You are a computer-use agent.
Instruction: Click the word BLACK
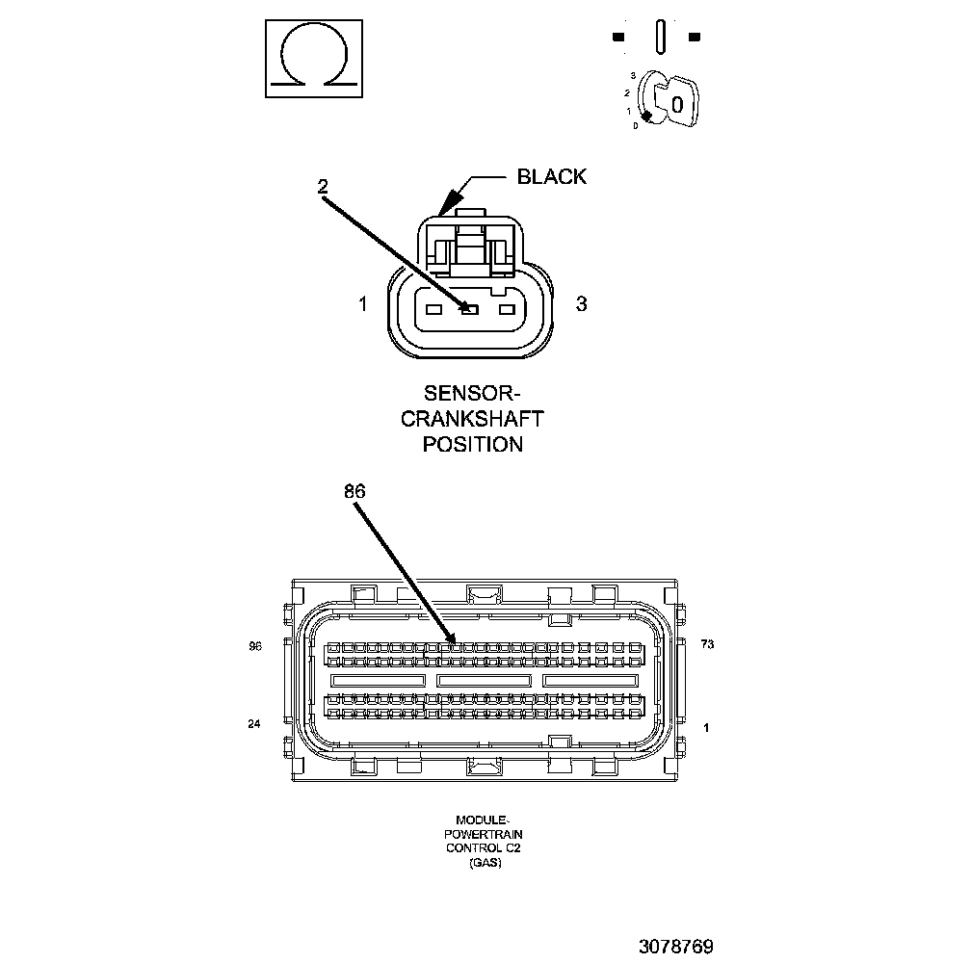[x=551, y=176]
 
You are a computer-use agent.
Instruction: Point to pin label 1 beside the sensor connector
[x=362, y=304]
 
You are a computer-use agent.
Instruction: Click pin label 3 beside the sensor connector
[x=581, y=304]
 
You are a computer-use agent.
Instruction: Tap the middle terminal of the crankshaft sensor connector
[x=469, y=309]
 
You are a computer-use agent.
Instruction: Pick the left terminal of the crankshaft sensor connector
[x=433, y=309]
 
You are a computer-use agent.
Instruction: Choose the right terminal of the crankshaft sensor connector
[x=506, y=309]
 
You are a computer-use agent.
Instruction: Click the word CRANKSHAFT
[x=472, y=419]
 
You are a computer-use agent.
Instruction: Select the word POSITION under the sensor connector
[x=472, y=444]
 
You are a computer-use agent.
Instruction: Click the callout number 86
[x=354, y=491]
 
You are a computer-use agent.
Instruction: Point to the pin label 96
[x=254, y=647]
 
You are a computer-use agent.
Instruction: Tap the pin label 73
[x=707, y=644]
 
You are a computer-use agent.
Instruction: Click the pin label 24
[x=254, y=724]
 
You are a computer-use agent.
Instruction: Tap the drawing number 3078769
[x=675, y=947]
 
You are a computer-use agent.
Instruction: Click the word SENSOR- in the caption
[x=472, y=394]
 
